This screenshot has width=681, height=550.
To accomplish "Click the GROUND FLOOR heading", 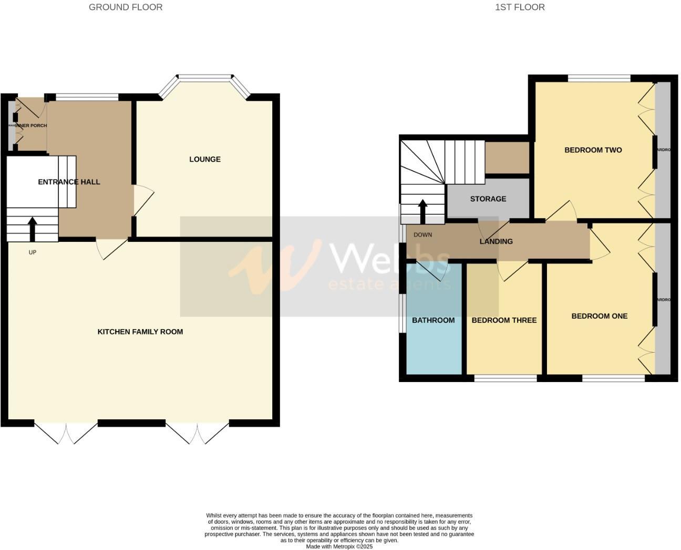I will [x=126, y=7].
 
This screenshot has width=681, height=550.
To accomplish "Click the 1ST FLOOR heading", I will [x=520, y=7].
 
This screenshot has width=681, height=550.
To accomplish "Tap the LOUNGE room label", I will [x=205, y=159].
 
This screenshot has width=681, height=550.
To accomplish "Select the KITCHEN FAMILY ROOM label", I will [x=140, y=332].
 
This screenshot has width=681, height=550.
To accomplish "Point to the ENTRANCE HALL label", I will [x=69, y=182].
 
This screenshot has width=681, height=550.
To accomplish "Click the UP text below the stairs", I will [x=33, y=252].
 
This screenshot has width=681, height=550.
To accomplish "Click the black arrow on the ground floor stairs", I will [x=32, y=229].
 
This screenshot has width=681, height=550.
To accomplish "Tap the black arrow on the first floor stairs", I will [x=422, y=211].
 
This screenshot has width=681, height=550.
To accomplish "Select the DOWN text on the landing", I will [x=422, y=235].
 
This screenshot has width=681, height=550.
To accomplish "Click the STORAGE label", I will [x=488, y=199].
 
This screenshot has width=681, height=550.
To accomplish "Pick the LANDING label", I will [x=496, y=241].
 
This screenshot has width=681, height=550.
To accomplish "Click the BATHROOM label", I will [x=433, y=320].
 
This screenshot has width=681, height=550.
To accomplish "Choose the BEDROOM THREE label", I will [x=504, y=320].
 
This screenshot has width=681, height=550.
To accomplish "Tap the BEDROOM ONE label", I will [x=600, y=316].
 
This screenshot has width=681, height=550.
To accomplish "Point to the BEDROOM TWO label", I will [x=593, y=150].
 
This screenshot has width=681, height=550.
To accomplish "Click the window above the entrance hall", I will [x=87, y=97].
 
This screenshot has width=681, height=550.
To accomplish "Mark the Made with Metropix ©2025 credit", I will [x=339, y=546].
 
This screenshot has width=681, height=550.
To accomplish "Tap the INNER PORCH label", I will [x=31, y=125].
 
